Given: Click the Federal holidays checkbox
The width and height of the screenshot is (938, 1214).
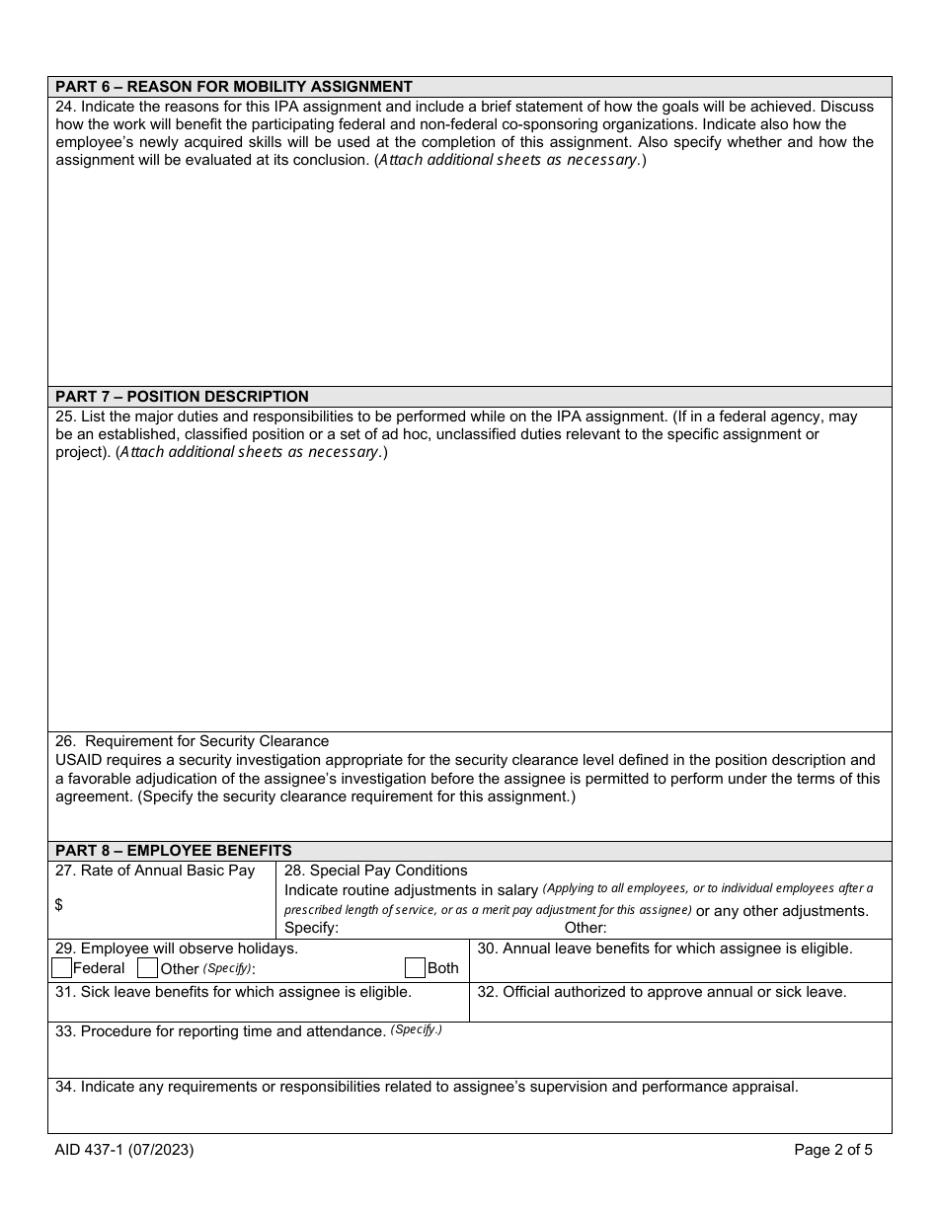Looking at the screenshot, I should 62,968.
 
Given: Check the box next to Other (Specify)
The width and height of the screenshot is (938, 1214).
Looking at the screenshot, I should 148,968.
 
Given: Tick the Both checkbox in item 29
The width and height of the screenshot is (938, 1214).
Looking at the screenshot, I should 416,968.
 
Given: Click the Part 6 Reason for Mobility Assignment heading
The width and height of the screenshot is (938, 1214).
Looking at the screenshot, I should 234,87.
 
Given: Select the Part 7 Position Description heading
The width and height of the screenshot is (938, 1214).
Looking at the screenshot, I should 182,397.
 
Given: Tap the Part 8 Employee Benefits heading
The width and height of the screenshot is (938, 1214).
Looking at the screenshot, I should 174,851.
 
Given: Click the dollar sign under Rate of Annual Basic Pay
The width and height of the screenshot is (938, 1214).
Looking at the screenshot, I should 59,904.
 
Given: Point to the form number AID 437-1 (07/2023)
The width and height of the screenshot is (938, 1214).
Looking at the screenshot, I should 123,1149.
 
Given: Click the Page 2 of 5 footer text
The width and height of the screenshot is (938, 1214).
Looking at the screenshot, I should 833,1149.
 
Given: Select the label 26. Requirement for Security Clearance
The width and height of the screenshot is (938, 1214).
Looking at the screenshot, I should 193,741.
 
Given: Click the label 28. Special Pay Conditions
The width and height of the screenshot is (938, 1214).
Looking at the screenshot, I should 376,871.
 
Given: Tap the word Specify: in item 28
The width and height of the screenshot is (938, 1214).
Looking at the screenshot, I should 311,928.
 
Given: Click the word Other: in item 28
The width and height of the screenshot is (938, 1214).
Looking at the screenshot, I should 586,928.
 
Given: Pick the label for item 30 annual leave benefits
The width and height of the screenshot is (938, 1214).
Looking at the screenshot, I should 664,948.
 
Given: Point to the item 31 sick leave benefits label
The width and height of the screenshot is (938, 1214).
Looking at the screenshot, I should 234,992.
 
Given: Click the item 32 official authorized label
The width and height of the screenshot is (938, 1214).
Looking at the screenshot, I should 662,992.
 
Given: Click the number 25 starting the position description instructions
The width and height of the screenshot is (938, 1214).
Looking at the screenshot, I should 64,417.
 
